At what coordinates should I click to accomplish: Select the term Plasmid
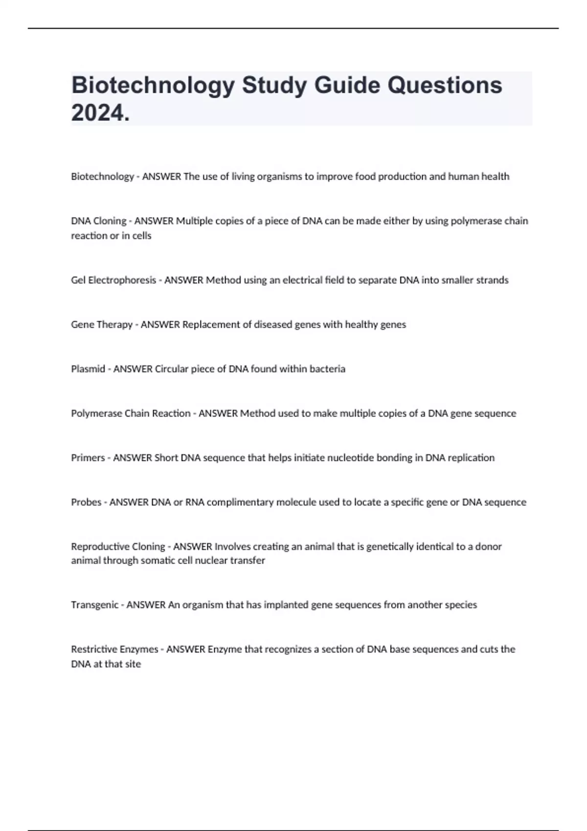point(88,369)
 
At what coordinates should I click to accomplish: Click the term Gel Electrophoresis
point(113,280)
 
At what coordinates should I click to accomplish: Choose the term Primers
point(88,458)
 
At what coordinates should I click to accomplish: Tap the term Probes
point(86,502)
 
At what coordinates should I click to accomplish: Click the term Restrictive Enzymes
point(114,649)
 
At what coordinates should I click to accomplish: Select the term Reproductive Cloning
point(118,547)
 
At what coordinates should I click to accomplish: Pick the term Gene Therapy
point(101,325)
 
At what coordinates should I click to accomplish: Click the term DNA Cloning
point(98,221)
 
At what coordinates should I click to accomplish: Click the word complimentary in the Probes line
point(240,502)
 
